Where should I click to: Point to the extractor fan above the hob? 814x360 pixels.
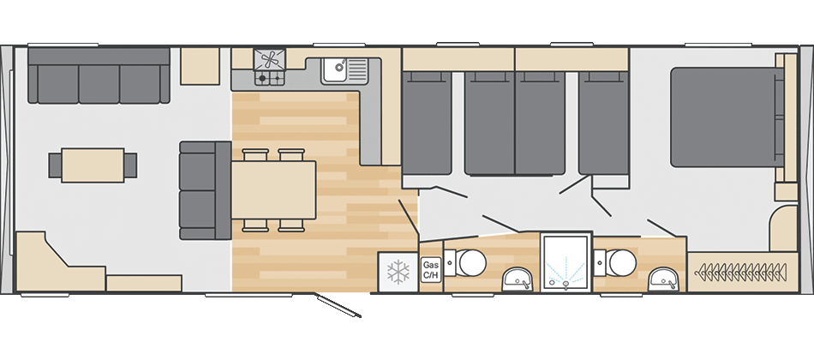(x=270, y=60)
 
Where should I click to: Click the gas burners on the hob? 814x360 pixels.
(x=270, y=79)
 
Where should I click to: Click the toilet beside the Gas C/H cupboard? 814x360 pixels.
(x=469, y=261)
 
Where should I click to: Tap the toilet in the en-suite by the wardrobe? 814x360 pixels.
(x=618, y=261)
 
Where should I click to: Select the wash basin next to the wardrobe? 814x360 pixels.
(x=662, y=277)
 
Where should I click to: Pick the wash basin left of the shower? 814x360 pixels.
(x=516, y=277)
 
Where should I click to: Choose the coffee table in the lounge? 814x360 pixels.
(x=93, y=165)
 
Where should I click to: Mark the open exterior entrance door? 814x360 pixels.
(x=338, y=307)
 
